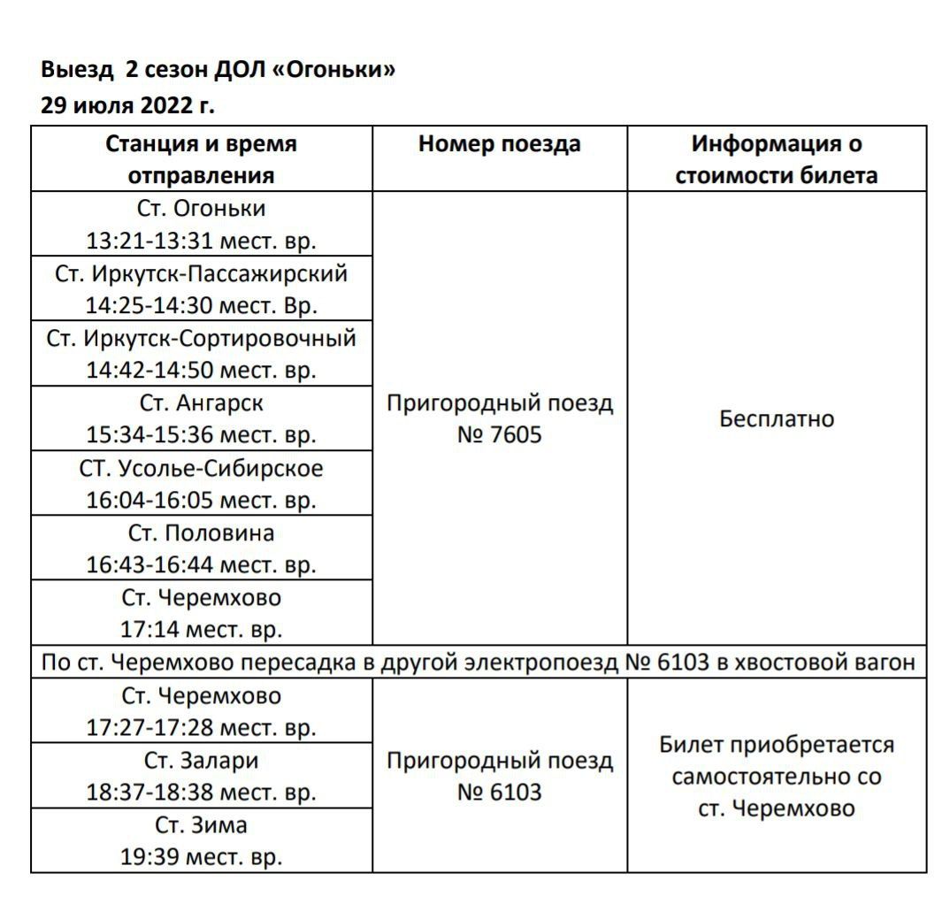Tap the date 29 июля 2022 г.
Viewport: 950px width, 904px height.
pos(127,106)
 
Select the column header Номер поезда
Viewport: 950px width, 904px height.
pos(500,144)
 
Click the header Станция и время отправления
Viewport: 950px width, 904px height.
pos(202,159)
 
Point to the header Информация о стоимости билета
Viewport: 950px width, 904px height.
pos(777,159)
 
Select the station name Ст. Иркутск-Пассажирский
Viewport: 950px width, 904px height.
pos(202,273)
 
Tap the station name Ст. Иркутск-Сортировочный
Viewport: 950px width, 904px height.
pos(202,338)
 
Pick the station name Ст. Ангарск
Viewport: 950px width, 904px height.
pos(202,403)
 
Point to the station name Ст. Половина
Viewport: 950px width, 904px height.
pos(202,533)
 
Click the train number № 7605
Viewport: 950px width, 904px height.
pos(500,435)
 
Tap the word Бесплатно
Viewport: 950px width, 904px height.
pos(777,418)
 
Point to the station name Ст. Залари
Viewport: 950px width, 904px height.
pos(202,761)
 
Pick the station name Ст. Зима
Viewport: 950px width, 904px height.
pos(202,825)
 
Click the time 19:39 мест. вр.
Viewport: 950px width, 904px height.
pos(202,857)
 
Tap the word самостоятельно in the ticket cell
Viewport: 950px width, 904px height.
pos(777,778)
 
